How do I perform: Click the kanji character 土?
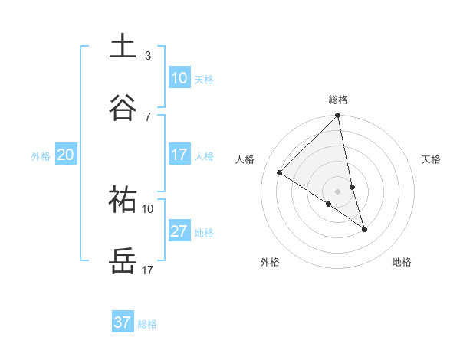(123, 46)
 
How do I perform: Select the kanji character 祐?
(123, 198)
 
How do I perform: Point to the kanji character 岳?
(123, 260)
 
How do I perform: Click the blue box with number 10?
(179, 77)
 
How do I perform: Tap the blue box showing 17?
(179, 155)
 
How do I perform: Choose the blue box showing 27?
(179, 231)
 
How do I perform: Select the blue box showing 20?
(66, 155)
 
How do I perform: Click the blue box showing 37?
(123, 322)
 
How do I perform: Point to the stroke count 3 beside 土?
(148, 55)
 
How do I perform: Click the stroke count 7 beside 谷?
(148, 116)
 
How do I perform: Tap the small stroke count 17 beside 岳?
(148, 270)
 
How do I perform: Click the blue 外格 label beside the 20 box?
(41, 156)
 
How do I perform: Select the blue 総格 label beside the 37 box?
(147, 324)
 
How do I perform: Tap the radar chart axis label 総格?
(338, 100)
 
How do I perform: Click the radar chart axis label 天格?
(432, 159)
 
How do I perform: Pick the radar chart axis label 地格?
(402, 262)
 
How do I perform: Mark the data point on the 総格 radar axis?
(338, 116)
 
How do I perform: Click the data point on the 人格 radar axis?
(280, 173)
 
